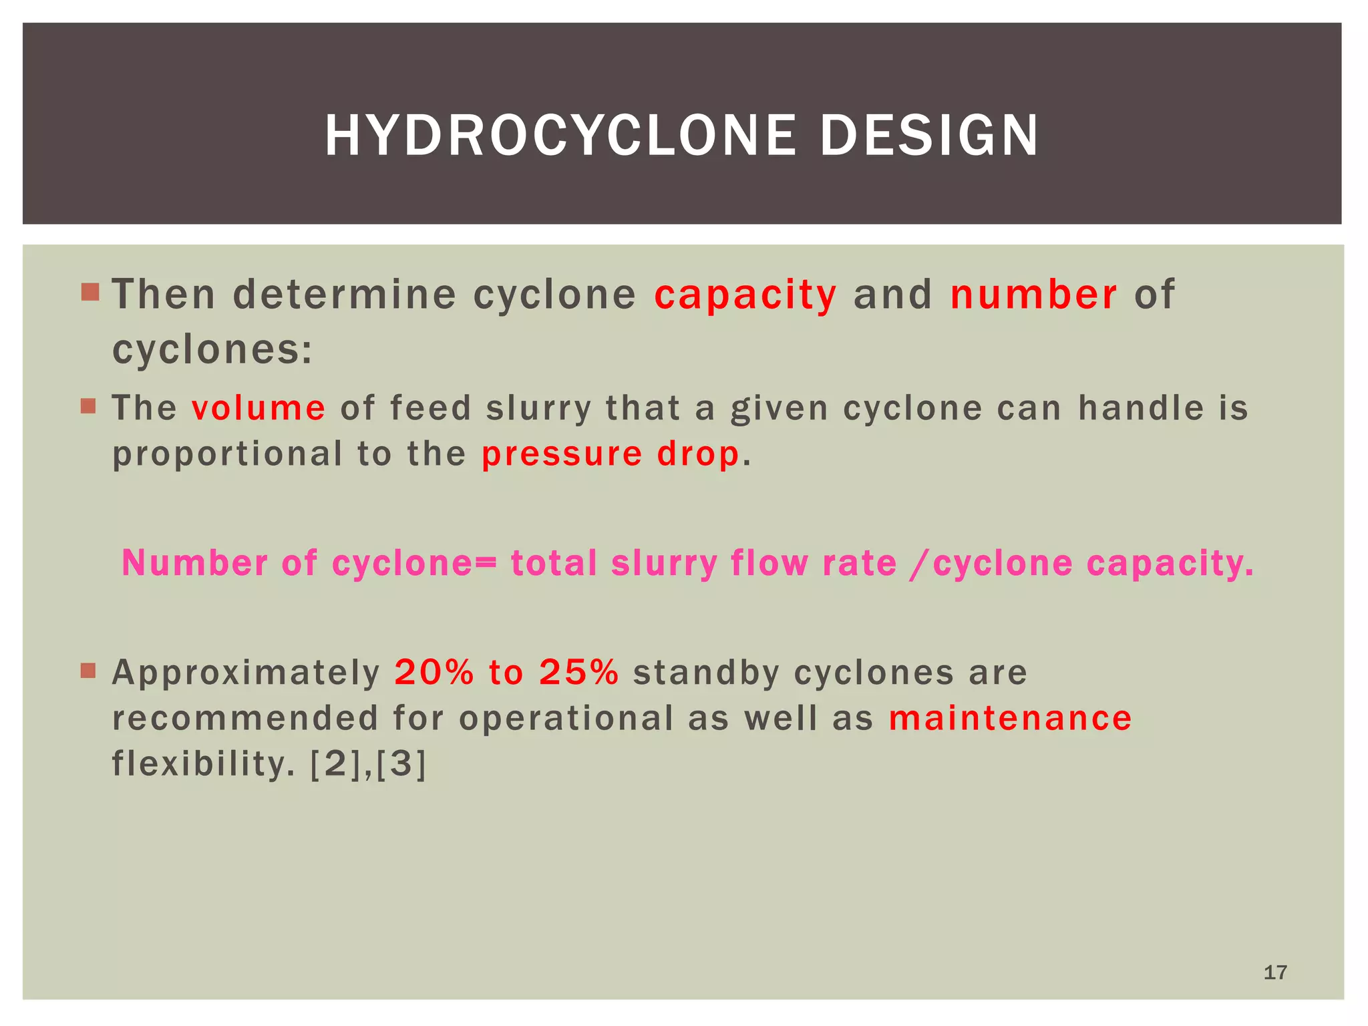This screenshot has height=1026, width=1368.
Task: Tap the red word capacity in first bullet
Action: (x=745, y=295)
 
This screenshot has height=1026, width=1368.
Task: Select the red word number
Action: (x=1033, y=295)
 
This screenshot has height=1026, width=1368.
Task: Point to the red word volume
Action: (x=259, y=408)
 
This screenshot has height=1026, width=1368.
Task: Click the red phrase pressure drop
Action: (x=611, y=454)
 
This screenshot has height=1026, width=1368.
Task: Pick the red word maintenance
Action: (x=1010, y=719)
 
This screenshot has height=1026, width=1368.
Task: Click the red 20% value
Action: (x=434, y=673)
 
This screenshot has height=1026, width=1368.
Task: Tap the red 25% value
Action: (x=579, y=673)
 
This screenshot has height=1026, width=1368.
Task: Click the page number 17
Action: (x=1275, y=973)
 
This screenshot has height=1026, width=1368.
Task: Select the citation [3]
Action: (x=401, y=764)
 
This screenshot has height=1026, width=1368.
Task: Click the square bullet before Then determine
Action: (x=90, y=292)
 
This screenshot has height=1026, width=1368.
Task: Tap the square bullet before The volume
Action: (x=89, y=406)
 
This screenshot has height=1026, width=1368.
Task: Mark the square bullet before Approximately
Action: (x=89, y=670)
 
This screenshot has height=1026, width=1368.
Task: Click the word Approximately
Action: (x=246, y=673)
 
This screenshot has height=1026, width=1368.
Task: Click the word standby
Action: (x=706, y=673)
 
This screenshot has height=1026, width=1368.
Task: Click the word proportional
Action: (x=227, y=455)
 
